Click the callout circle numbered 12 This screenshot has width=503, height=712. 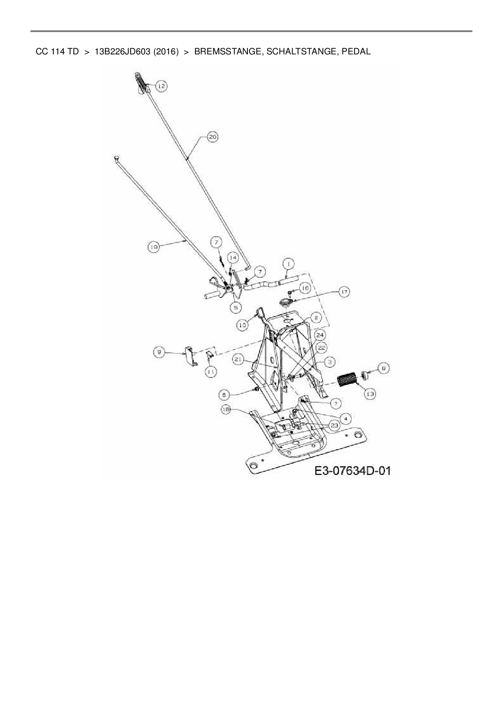[x=161, y=86]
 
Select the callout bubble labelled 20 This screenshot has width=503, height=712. [x=213, y=137]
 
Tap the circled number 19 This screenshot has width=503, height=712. [x=153, y=246]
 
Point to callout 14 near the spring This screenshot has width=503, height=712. [x=232, y=257]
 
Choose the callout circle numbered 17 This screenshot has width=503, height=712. [x=344, y=292]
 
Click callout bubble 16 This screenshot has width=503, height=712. [x=305, y=288]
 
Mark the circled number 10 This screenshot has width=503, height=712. [x=242, y=325]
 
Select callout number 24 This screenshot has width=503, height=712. [x=320, y=335]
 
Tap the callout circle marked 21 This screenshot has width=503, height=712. [x=238, y=359]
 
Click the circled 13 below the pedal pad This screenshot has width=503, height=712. [x=370, y=393]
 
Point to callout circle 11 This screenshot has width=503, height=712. [x=210, y=371]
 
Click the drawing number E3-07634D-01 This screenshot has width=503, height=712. [x=352, y=471]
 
